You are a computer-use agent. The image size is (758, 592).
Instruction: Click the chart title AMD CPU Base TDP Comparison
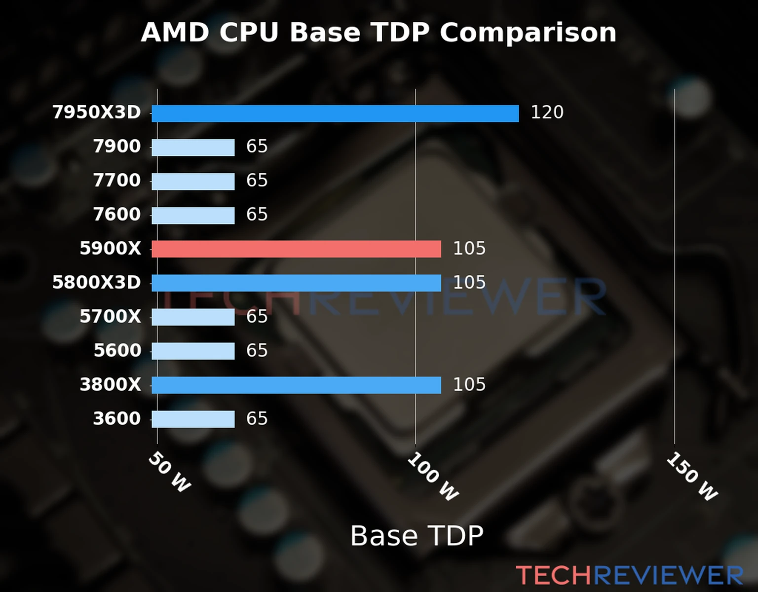point(379,33)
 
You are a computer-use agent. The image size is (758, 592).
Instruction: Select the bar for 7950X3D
point(335,113)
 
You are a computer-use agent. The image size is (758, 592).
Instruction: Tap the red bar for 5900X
point(296,249)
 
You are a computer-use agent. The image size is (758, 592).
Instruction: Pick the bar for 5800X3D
point(296,283)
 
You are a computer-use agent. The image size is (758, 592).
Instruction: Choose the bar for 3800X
point(296,385)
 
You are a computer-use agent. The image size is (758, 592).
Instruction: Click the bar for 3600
point(193,419)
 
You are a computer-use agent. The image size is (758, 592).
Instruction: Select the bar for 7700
point(193,181)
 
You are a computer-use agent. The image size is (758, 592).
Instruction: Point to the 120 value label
point(547,112)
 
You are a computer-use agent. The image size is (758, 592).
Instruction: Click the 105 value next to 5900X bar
point(469,249)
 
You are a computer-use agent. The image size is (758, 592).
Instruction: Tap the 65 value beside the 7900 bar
point(257,147)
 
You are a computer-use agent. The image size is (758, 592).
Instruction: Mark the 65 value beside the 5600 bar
point(257,351)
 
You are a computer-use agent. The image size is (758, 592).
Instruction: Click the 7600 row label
point(117,215)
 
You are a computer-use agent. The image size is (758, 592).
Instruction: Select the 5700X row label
point(110,317)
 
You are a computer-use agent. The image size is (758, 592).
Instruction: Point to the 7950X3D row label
point(97,112)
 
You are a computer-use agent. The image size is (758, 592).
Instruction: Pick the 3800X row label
point(110,385)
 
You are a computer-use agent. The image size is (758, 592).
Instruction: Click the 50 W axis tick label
point(169,472)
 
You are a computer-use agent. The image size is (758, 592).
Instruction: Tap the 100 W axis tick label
point(433,477)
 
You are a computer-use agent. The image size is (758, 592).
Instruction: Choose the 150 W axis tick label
point(692,477)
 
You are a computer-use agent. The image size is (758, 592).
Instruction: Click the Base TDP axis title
point(417,536)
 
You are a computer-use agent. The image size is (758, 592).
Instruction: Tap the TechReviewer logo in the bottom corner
point(629,575)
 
